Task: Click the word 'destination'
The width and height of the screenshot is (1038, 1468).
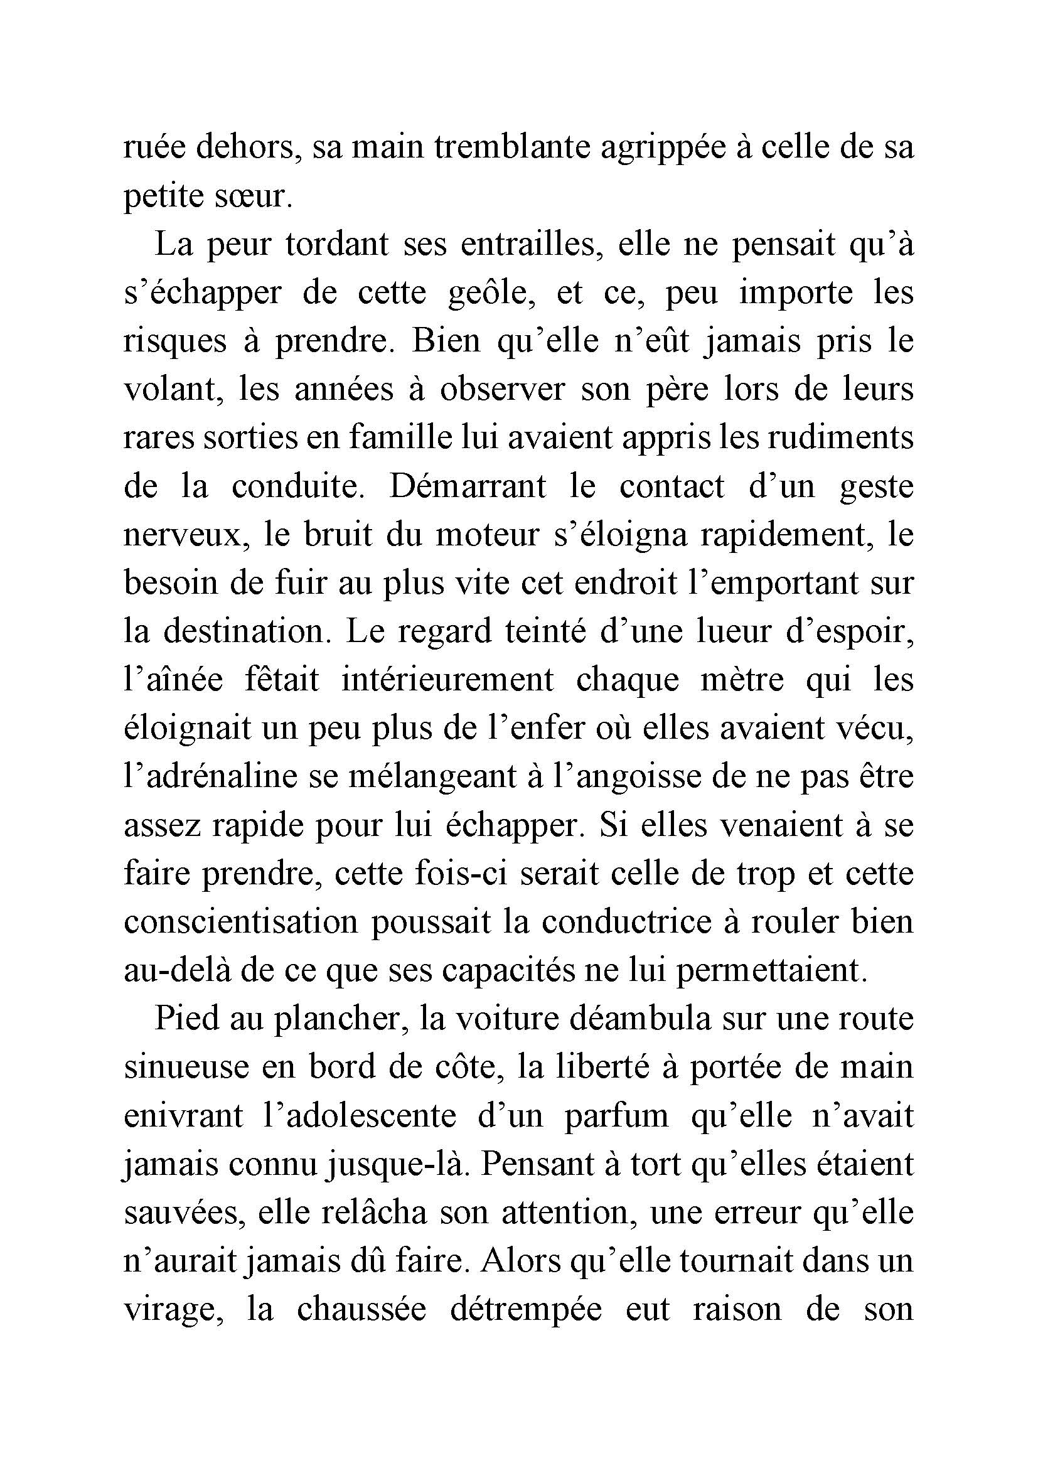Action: (x=247, y=632)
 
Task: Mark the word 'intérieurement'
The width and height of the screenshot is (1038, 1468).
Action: (x=447, y=680)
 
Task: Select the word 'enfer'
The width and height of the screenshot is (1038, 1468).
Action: (x=549, y=728)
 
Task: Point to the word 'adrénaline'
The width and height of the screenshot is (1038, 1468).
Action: (x=211, y=777)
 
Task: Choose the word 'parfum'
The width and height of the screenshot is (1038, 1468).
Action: (x=616, y=1116)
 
